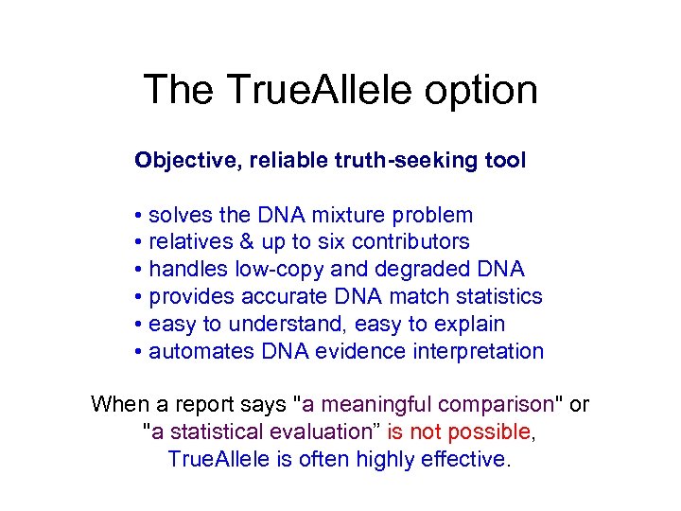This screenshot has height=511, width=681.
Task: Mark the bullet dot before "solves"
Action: click(x=139, y=216)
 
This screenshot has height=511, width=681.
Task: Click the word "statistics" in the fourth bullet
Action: click(x=498, y=297)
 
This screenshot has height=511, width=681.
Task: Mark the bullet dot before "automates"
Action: click(x=139, y=353)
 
